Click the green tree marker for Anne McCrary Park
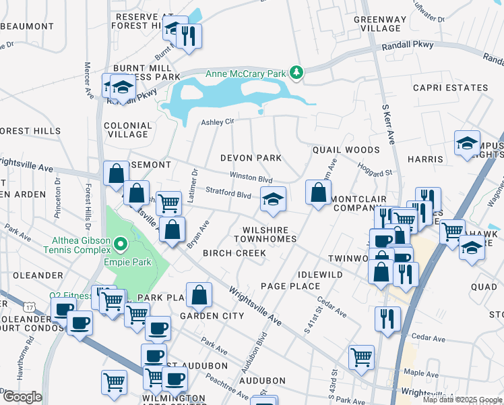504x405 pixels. point(296,72)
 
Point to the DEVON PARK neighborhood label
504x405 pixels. point(251,158)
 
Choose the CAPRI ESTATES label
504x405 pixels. point(450,88)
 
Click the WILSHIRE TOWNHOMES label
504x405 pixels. point(265,234)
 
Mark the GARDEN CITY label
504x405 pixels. point(212,316)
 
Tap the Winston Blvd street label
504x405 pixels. point(251,178)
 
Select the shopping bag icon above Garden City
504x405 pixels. point(199,295)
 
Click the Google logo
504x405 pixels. point(22,397)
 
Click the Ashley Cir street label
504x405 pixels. point(218,122)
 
